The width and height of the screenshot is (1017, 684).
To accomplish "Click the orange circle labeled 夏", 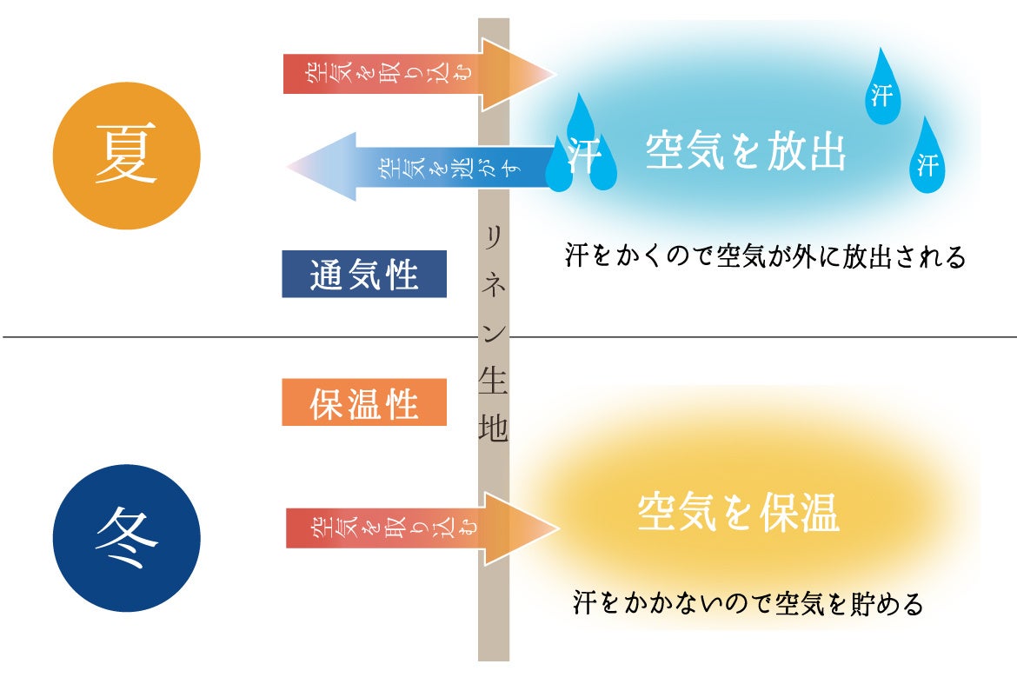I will [127, 156].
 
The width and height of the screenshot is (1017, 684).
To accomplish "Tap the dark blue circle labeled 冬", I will [127, 538].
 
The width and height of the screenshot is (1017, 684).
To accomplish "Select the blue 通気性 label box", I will [364, 274].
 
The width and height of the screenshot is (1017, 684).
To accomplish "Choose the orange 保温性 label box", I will [364, 402].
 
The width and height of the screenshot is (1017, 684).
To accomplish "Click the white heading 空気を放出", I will [746, 153].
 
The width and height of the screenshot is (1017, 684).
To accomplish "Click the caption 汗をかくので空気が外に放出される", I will [765, 257].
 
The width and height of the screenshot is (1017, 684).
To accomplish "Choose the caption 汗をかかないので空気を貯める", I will [748, 603].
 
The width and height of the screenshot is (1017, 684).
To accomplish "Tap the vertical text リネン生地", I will [494, 330].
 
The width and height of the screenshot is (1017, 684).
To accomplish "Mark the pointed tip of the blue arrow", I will [292, 167].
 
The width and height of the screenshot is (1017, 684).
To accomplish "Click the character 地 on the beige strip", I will [494, 430].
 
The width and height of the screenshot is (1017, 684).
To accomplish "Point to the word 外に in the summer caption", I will [815, 257].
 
